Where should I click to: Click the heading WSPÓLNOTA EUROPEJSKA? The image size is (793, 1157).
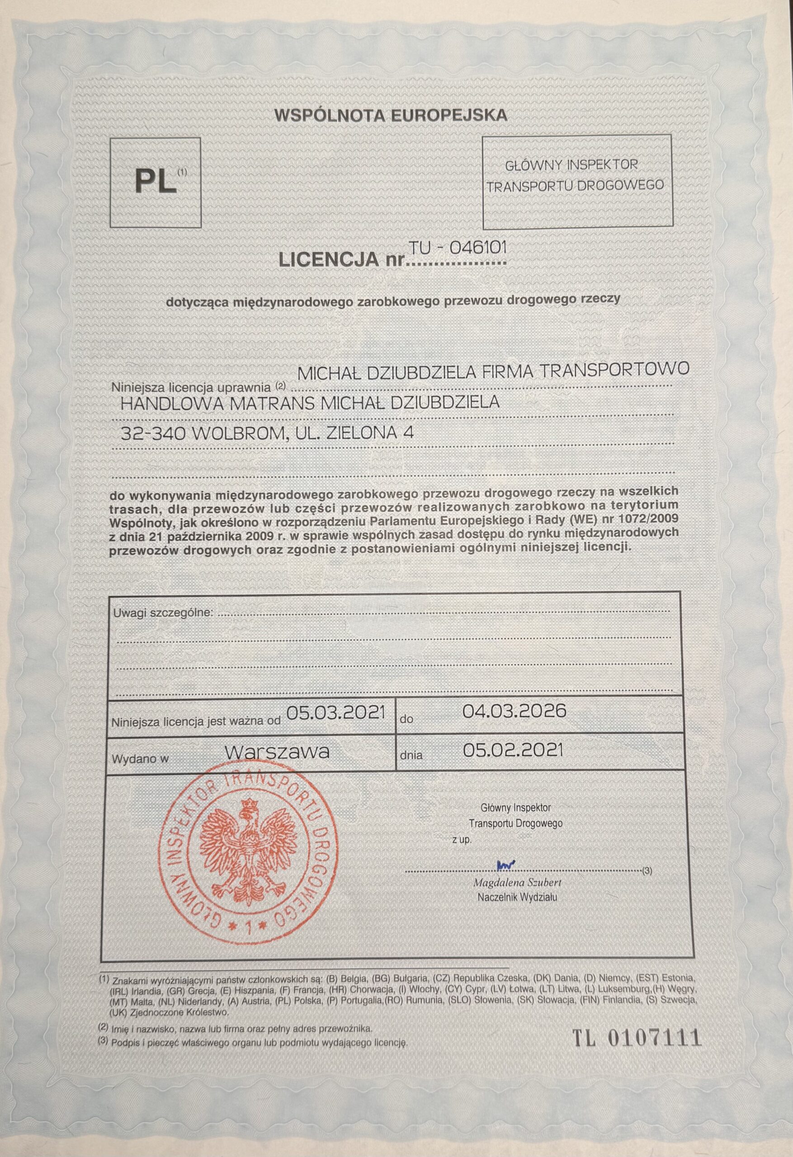pos(390,116)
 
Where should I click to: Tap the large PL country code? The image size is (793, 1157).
pos(156,182)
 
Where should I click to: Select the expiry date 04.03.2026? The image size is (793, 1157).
pos(514,710)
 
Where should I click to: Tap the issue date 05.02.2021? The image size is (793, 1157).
pos(513,750)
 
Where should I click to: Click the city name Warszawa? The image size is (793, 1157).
pos(277,751)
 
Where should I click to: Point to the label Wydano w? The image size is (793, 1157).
pos(141,759)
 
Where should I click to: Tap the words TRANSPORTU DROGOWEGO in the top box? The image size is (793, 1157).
pos(576,186)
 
